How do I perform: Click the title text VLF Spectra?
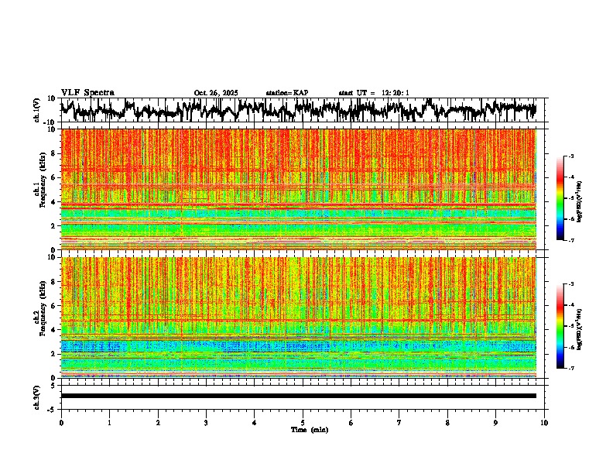[x=87, y=92]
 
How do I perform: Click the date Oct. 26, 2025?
[x=216, y=93]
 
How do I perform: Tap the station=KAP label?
[x=287, y=93]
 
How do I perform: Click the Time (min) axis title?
[x=309, y=429]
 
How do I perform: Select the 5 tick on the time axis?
[x=303, y=423]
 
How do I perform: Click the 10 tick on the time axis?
[x=544, y=423]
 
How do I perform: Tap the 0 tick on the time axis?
[x=61, y=423]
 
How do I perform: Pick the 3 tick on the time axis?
[x=206, y=423]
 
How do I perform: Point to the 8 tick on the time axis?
[x=447, y=423]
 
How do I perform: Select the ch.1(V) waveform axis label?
[x=38, y=110]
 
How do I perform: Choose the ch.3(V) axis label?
[x=38, y=396]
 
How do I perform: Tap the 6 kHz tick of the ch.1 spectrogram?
[x=54, y=178]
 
